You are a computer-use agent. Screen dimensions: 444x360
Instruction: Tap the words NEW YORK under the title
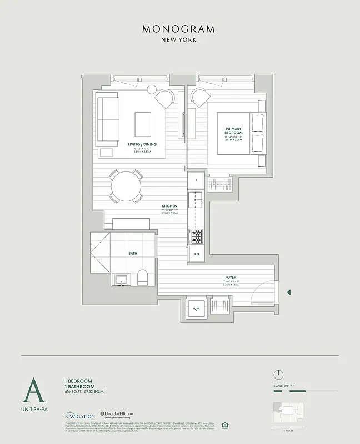(178, 40)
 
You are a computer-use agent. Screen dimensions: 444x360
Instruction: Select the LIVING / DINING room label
(142, 144)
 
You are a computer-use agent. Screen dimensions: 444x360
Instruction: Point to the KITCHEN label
(169, 206)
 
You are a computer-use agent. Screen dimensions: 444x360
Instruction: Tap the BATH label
(132, 253)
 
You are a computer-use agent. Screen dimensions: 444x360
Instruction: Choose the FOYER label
(231, 277)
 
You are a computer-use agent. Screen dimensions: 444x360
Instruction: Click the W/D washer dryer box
(197, 309)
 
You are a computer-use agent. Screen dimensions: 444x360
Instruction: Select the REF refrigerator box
(196, 254)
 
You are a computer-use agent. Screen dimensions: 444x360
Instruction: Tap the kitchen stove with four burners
(196, 236)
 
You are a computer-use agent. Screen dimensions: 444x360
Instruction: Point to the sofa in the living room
(108, 118)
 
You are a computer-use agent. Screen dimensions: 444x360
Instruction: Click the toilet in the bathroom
(143, 277)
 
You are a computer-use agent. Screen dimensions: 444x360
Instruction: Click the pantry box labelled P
(196, 181)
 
